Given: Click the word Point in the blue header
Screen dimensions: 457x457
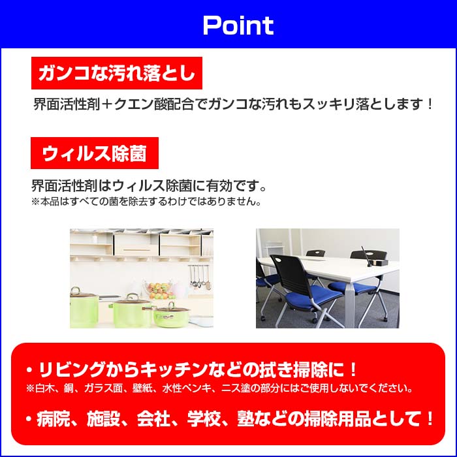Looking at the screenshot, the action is pyautogui.click(x=238, y=25).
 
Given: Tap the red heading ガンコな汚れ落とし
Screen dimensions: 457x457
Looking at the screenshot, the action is pyautogui.click(x=117, y=73).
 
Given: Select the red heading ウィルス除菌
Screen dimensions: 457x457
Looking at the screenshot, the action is pyautogui.click(x=95, y=153).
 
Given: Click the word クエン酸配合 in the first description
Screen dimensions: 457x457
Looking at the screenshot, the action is pyautogui.click(x=153, y=104).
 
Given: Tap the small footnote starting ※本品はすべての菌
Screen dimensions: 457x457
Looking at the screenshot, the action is pyautogui.click(x=146, y=202).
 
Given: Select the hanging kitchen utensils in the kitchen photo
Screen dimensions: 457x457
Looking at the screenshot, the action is pyautogui.click(x=199, y=276).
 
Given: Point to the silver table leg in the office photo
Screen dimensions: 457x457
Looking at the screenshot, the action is pyautogui.click(x=350, y=305).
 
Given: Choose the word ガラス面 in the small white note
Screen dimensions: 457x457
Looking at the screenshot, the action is pyautogui.click(x=103, y=388).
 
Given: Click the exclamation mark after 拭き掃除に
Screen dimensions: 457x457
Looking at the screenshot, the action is pyautogui.click(x=353, y=370).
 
